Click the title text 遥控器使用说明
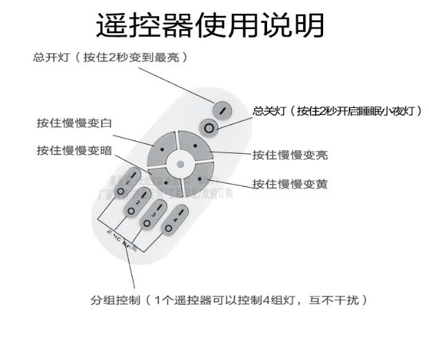[210, 26]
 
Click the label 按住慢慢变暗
[75, 150]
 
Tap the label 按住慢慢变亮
[290, 155]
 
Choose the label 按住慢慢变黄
[290, 184]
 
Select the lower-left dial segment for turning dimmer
[165, 181]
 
